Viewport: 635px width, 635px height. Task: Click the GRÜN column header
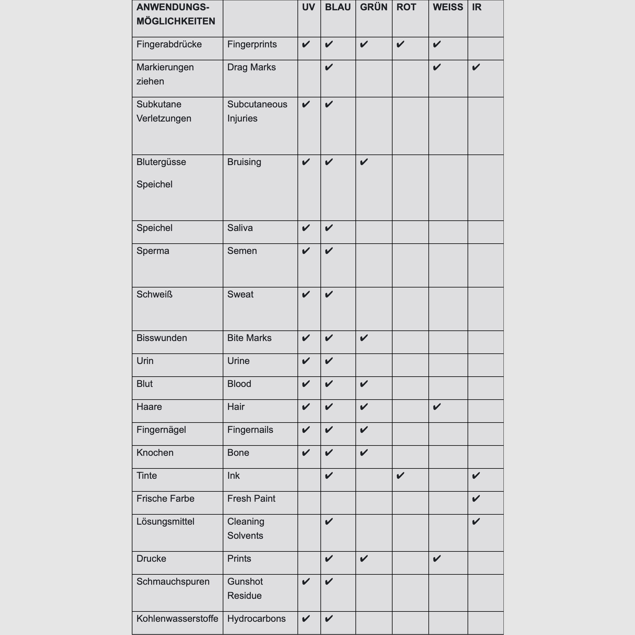[373, 7]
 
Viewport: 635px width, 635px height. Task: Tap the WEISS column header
[448, 7]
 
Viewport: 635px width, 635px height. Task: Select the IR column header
[477, 7]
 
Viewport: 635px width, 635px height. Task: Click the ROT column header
[406, 7]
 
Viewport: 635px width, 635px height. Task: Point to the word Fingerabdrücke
[169, 44]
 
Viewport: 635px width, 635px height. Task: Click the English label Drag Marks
[251, 67]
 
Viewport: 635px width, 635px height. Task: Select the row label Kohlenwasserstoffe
[177, 619]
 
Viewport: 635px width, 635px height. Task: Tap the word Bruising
[244, 162]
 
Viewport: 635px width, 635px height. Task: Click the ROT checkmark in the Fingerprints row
[400, 44]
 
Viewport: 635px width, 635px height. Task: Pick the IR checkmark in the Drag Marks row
[476, 67]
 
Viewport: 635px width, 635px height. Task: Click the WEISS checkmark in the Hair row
[436, 407]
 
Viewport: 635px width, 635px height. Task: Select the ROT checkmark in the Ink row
[400, 476]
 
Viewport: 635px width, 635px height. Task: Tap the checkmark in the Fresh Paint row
[476, 498]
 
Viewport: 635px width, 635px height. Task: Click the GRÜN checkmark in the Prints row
[363, 559]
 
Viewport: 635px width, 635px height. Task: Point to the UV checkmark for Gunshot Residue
[306, 582]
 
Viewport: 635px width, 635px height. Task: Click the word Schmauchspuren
[173, 582]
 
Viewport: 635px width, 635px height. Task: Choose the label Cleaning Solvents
[245, 528]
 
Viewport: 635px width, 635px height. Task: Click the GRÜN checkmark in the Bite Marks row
[363, 338]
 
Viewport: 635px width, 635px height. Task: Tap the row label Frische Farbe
[165, 498]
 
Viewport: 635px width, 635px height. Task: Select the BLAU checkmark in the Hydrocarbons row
[329, 619]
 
